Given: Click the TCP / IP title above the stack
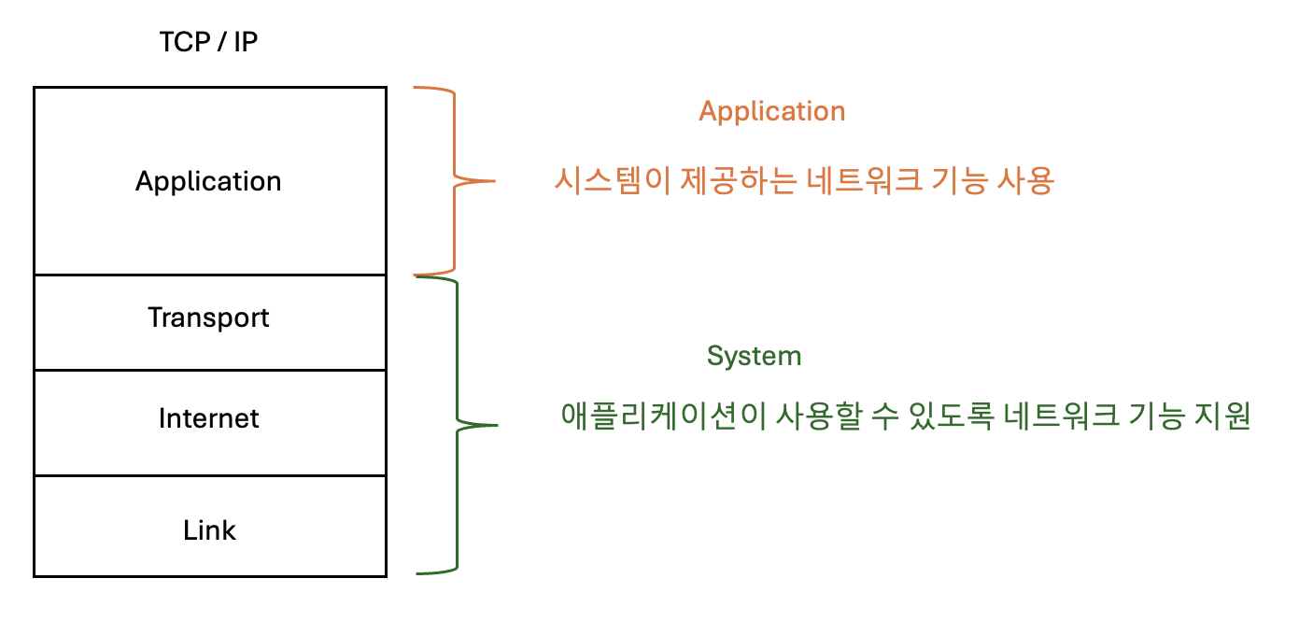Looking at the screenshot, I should (208, 42).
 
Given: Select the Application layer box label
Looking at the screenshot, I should (208, 180).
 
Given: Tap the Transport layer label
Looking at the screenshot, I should (208, 317).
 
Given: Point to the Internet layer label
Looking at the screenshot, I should (208, 417).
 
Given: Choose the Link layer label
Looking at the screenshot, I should (209, 530).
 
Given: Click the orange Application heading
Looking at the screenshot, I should (771, 111).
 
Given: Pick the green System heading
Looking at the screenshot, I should (754, 356).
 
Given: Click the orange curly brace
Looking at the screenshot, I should (455, 179).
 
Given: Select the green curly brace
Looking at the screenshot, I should (458, 425).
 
